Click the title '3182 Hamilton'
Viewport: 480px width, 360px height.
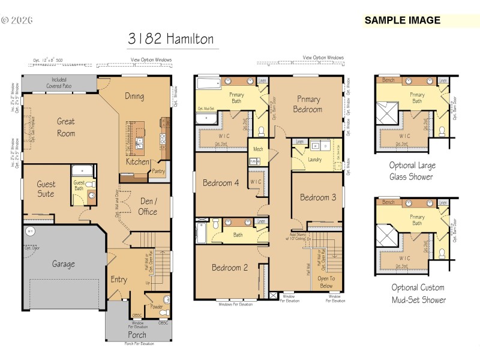[x=170, y=40]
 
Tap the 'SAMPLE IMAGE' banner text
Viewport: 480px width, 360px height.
[x=402, y=20]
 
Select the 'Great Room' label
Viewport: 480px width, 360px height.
[x=66, y=127]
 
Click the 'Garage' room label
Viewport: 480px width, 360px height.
[x=63, y=264]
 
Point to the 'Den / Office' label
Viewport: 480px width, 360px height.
[x=148, y=206]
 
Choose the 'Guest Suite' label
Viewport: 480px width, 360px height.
[x=46, y=189]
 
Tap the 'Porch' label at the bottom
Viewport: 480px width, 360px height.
[x=137, y=335]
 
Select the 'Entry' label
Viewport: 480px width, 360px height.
[x=119, y=280]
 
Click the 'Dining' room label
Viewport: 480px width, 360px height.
[x=134, y=96]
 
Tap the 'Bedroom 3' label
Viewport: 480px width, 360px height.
[x=318, y=197]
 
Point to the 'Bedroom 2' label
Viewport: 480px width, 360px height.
[x=230, y=268]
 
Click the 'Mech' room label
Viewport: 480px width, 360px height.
[x=258, y=149]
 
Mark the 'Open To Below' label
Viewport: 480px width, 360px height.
[x=325, y=282]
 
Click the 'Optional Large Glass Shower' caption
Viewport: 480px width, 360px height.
[x=412, y=171]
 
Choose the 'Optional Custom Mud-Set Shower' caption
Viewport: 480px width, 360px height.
[x=418, y=294]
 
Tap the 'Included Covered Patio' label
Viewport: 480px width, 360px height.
[x=59, y=83]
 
